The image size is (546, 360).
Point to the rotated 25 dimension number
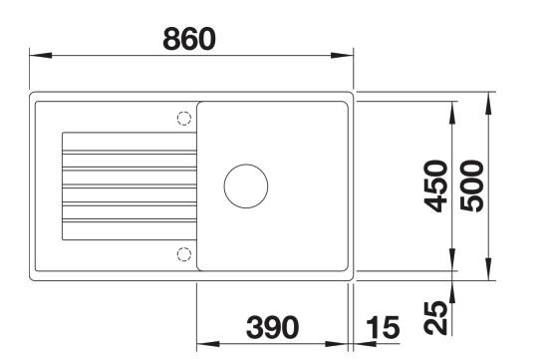pyautogui.click(x=435, y=318)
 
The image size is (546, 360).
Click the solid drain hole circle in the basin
pyautogui.click(x=245, y=185)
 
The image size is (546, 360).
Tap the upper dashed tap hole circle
pyautogui.click(x=183, y=118)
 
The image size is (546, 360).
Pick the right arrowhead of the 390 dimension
pyautogui.click(x=343, y=341)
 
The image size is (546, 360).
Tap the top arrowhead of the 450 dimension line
pyautogui.click(x=454, y=103)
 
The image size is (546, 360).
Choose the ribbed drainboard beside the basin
pyautogui.click(x=128, y=185)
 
